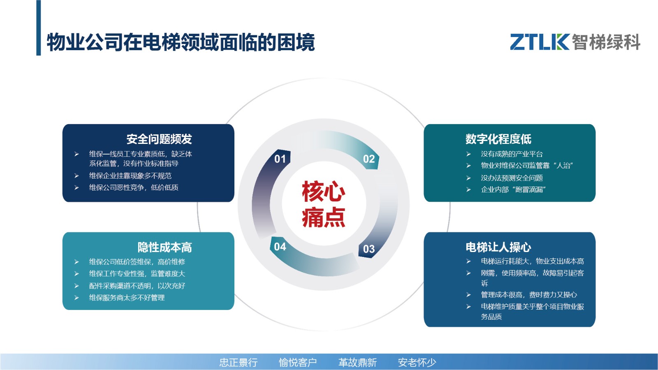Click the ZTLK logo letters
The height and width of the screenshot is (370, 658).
[x=540, y=42]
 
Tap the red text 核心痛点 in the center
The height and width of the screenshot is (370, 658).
[x=323, y=204]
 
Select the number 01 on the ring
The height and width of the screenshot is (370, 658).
[x=280, y=159]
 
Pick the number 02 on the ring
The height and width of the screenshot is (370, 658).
[x=369, y=159]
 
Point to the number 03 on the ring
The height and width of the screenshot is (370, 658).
[x=369, y=249]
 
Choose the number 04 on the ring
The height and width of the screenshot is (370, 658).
[x=280, y=247]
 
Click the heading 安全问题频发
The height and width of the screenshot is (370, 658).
[x=159, y=139]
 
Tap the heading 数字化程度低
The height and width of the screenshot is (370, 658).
[x=498, y=139]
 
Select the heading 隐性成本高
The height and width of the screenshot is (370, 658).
[x=165, y=247]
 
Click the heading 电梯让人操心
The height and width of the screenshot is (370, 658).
[x=498, y=247]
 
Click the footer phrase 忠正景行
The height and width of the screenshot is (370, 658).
[x=239, y=362]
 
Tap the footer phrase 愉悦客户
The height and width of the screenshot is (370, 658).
[x=298, y=362]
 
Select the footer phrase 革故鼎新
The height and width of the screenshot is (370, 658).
[x=357, y=362]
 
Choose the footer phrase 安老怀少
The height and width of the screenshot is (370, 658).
[x=417, y=362]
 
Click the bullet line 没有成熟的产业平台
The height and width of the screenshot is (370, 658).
[x=512, y=154]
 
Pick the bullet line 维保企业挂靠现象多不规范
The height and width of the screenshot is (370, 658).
[x=130, y=176]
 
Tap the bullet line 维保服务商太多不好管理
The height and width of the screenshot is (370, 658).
[x=127, y=298]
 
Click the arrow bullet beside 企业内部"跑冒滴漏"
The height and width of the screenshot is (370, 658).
[x=468, y=190]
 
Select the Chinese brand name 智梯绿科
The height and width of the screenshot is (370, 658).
[x=606, y=42]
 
